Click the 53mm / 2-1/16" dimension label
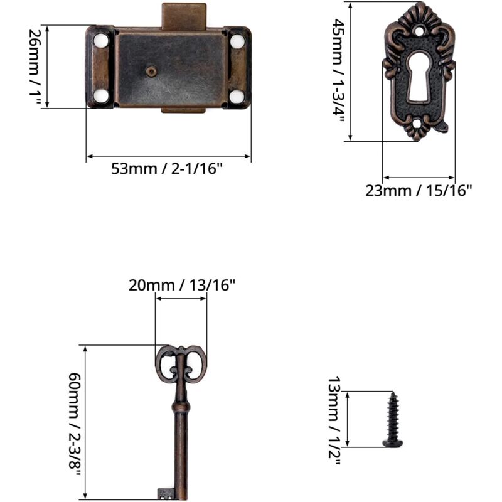[166, 168]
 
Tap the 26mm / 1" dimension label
[35, 67]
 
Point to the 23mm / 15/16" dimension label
[419, 191]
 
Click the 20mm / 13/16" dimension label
[182, 285]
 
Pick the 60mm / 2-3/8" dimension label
[74, 425]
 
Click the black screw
[393, 419]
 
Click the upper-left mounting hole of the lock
[101, 41]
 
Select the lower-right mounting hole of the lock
[237, 97]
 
